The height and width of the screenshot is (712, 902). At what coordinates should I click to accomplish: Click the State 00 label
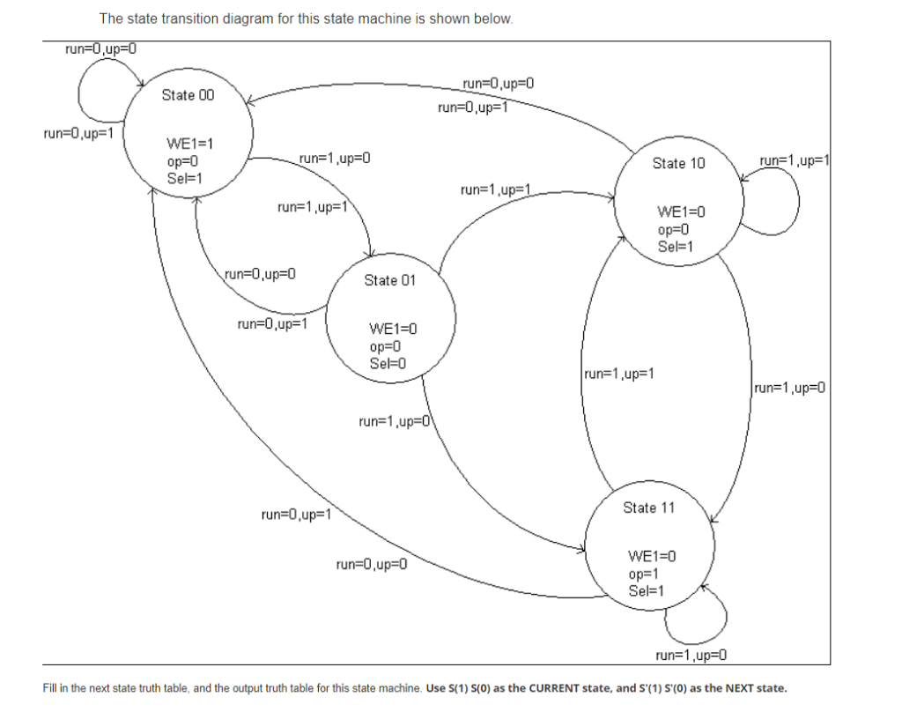(x=188, y=95)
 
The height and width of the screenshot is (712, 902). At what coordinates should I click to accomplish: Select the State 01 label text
(x=389, y=280)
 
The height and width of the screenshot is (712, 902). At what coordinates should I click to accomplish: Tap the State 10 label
(x=678, y=163)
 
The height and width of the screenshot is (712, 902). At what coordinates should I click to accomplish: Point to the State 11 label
(x=648, y=508)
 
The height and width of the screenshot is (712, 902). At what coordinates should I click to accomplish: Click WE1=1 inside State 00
(x=190, y=144)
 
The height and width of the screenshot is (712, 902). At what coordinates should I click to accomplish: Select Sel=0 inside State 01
(x=388, y=363)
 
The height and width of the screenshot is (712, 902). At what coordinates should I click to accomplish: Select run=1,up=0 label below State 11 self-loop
(x=693, y=655)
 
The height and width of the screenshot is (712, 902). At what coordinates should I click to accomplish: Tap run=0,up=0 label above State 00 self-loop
(x=101, y=48)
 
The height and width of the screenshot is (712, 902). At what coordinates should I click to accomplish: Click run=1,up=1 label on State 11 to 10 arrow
(x=619, y=374)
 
